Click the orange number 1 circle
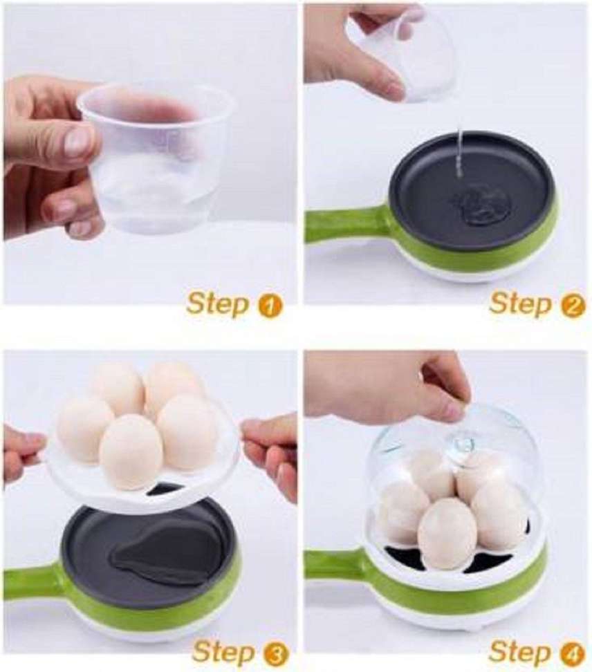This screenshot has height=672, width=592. coord(269,306)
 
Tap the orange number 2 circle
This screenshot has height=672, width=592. coord(573,306)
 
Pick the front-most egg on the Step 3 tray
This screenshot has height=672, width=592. coord(131,453)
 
